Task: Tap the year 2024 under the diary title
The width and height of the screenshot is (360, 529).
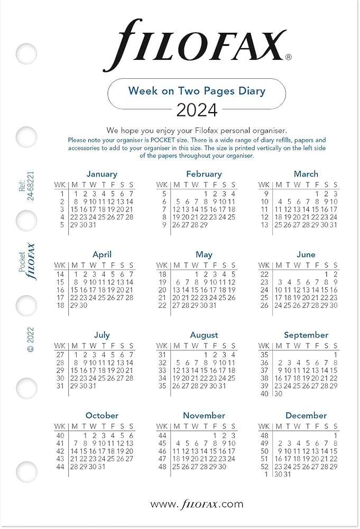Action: click(197, 110)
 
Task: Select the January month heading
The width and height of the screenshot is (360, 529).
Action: click(101, 174)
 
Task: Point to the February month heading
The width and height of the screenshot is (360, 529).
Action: click(204, 174)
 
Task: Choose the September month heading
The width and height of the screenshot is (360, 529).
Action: click(306, 335)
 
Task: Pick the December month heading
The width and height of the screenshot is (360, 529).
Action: click(306, 415)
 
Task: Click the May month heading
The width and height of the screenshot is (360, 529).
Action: click(204, 254)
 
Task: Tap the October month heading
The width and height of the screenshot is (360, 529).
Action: click(101, 415)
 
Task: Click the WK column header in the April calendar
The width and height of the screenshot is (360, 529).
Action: click(60, 265)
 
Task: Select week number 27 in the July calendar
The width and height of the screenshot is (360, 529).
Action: click(60, 354)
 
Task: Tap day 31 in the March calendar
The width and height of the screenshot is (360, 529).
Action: click(334, 224)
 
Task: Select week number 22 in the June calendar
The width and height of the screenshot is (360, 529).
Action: click(264, 274)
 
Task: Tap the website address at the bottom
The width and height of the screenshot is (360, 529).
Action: click(197, 504)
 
